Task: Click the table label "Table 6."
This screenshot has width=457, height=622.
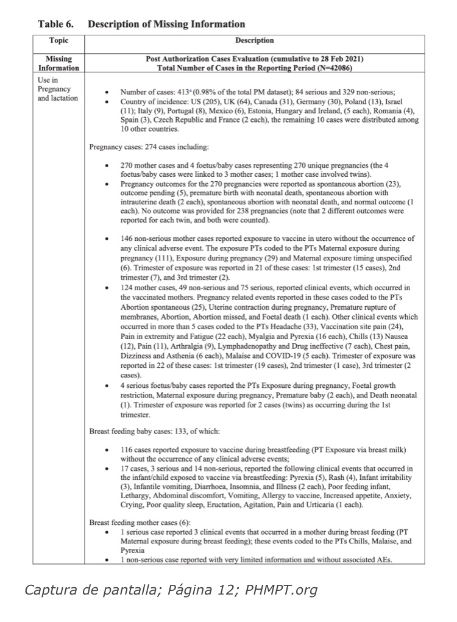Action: tap(55, 24)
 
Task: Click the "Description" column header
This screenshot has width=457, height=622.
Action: tap(254, 41)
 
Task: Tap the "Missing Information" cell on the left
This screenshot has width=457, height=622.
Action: tap(58, 63)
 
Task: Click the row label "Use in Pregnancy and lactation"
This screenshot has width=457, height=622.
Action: tap(57, 88)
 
